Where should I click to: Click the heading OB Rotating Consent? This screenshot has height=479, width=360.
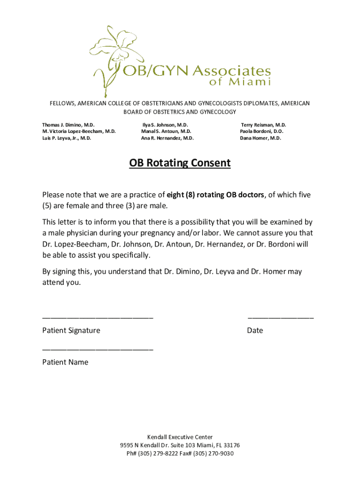[x=180, y=163]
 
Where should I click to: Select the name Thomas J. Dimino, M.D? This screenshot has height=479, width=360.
[x=68, y=125]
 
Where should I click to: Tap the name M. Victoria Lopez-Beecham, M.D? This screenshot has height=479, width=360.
[x=79, y=132]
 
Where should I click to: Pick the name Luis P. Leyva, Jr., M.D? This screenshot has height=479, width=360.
[x=66, y=138]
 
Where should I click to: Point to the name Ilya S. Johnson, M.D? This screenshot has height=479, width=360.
[x=165, y=125]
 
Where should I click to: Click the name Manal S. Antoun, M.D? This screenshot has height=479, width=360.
[x=166, y=132]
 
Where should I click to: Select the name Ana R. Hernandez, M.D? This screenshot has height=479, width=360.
[x=167, y=138]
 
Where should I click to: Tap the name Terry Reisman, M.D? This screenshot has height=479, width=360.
[x=263, y=125]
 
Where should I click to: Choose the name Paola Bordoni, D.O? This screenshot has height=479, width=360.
[x=261, y=132]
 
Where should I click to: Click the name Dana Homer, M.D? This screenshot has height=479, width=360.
[x=260, y=138]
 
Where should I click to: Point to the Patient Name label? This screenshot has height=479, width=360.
[x=65, y=362]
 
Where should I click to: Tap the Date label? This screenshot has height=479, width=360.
[x=255, y=331]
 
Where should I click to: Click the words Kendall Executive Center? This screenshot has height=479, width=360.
[x=180, y=437]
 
